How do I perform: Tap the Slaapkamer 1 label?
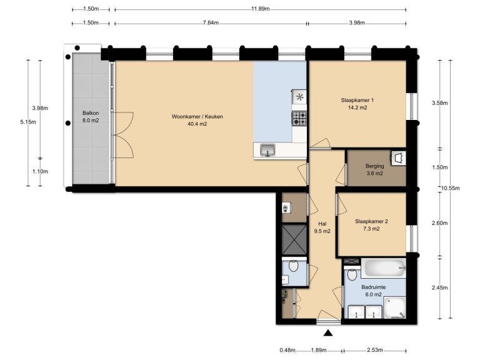pyautogui.click(x=357, y=104)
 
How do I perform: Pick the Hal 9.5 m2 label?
pyautogui.click(x=322, y=227)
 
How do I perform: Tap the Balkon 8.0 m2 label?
pyautogui.click(x=91, y=117)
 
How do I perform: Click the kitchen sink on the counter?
pyautogui.click(x=267, y=150)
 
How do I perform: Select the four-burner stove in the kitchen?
pyautogui.click(x=299, y=117)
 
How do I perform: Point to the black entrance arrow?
pyautogui.click(x=328, y=334)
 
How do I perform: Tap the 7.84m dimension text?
pyautogui.click(x=211, y=22)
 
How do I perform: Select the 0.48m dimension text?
pyautogui.click(x=287, y=350)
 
